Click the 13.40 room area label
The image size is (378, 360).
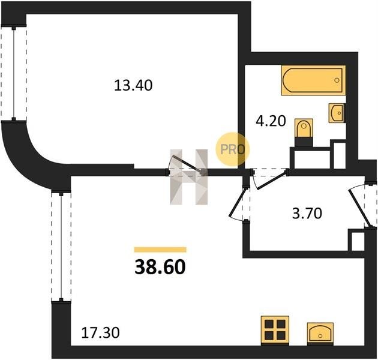point(133,85)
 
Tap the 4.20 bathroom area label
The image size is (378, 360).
point(271,121)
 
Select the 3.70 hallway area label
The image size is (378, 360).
point(307,214)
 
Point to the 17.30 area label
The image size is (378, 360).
point(100,333)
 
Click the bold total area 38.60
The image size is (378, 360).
point(160,267)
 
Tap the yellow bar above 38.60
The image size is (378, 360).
point(160,250)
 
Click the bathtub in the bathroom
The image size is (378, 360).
point(313,80)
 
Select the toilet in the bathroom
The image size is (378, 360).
point(304,132)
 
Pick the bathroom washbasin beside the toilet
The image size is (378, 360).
point(337,113)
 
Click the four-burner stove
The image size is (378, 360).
point(275,331)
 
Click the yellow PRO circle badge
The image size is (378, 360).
point(232,149)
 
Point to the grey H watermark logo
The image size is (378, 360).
point(189,177)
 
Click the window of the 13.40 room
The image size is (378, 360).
point(14,73)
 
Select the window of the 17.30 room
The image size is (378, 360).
point(61,246)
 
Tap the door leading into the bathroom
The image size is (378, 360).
point(269,179)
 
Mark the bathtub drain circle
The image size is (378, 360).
point(337,80)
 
